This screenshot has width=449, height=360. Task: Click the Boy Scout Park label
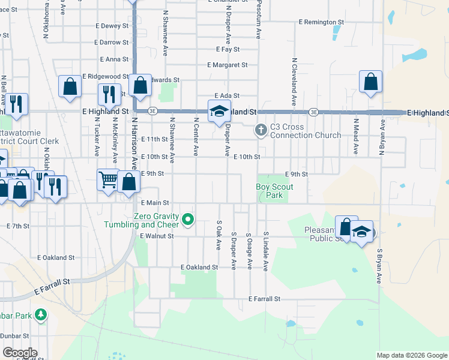point(274,191)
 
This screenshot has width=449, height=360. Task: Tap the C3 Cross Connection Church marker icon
point(261,129)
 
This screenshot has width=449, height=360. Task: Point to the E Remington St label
point(321,22)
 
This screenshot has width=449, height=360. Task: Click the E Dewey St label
point(112,26)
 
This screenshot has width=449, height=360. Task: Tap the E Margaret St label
point(228,65)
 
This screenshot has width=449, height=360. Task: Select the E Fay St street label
point(228,49)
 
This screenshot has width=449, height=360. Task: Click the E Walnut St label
point(156,236)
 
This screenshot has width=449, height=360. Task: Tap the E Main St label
point(154,203)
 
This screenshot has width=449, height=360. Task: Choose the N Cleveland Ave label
point(294,82)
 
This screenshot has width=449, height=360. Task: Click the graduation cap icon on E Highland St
point(219,110)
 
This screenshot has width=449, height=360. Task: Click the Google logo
point(20,353)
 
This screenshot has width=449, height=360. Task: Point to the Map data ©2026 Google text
point(411,355)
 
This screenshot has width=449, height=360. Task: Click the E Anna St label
point(116,59)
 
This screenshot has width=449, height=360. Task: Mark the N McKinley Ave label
point(114,139)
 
